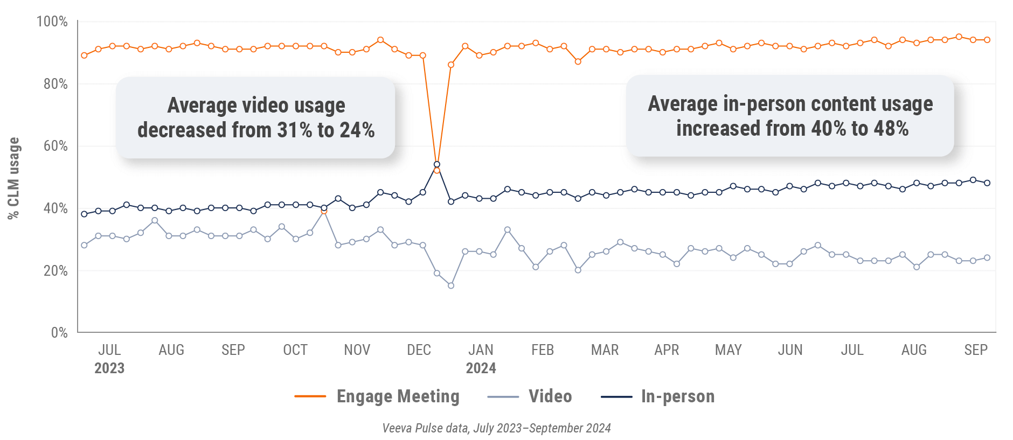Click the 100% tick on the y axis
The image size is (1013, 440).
click(x=52, y=22)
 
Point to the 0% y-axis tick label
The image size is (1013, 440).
click(x=59, y=332)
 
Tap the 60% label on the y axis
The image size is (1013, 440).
click(x=55, y=146)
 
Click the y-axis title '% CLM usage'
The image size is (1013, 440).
click(x=13, y=178)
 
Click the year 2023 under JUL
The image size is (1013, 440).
click(x=109, y=368)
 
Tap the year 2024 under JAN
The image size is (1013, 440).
click(x=481, y=368)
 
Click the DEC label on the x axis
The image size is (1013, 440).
click(x=419, y=350)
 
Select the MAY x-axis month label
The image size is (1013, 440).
click(x=728, y=350)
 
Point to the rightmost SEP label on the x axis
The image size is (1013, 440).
click(x=975, y=350)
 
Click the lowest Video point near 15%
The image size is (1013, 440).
click(x=451, y=285)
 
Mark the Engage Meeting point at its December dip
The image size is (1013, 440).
click(x=437, y=170)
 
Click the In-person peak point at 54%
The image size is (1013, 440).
click(x=437, y=164)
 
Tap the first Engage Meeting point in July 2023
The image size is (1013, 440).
click(x=84, y=55)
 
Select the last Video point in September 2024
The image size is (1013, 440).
click(x=987, y=257)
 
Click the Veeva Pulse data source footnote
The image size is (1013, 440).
click(x=496, y=428)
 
